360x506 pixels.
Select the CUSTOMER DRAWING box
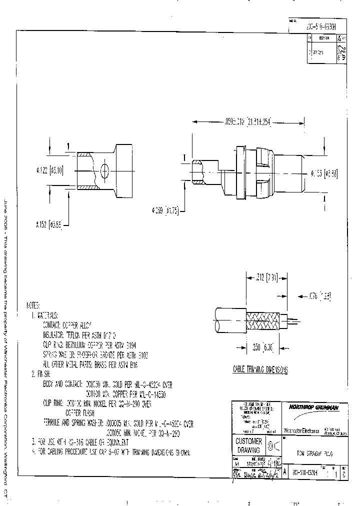248,445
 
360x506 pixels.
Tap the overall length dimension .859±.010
246,121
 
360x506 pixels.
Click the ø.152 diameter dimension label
49,225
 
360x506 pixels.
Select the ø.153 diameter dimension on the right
324,173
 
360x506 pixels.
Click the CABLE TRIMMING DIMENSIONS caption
259,369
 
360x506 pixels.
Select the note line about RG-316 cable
82,442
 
